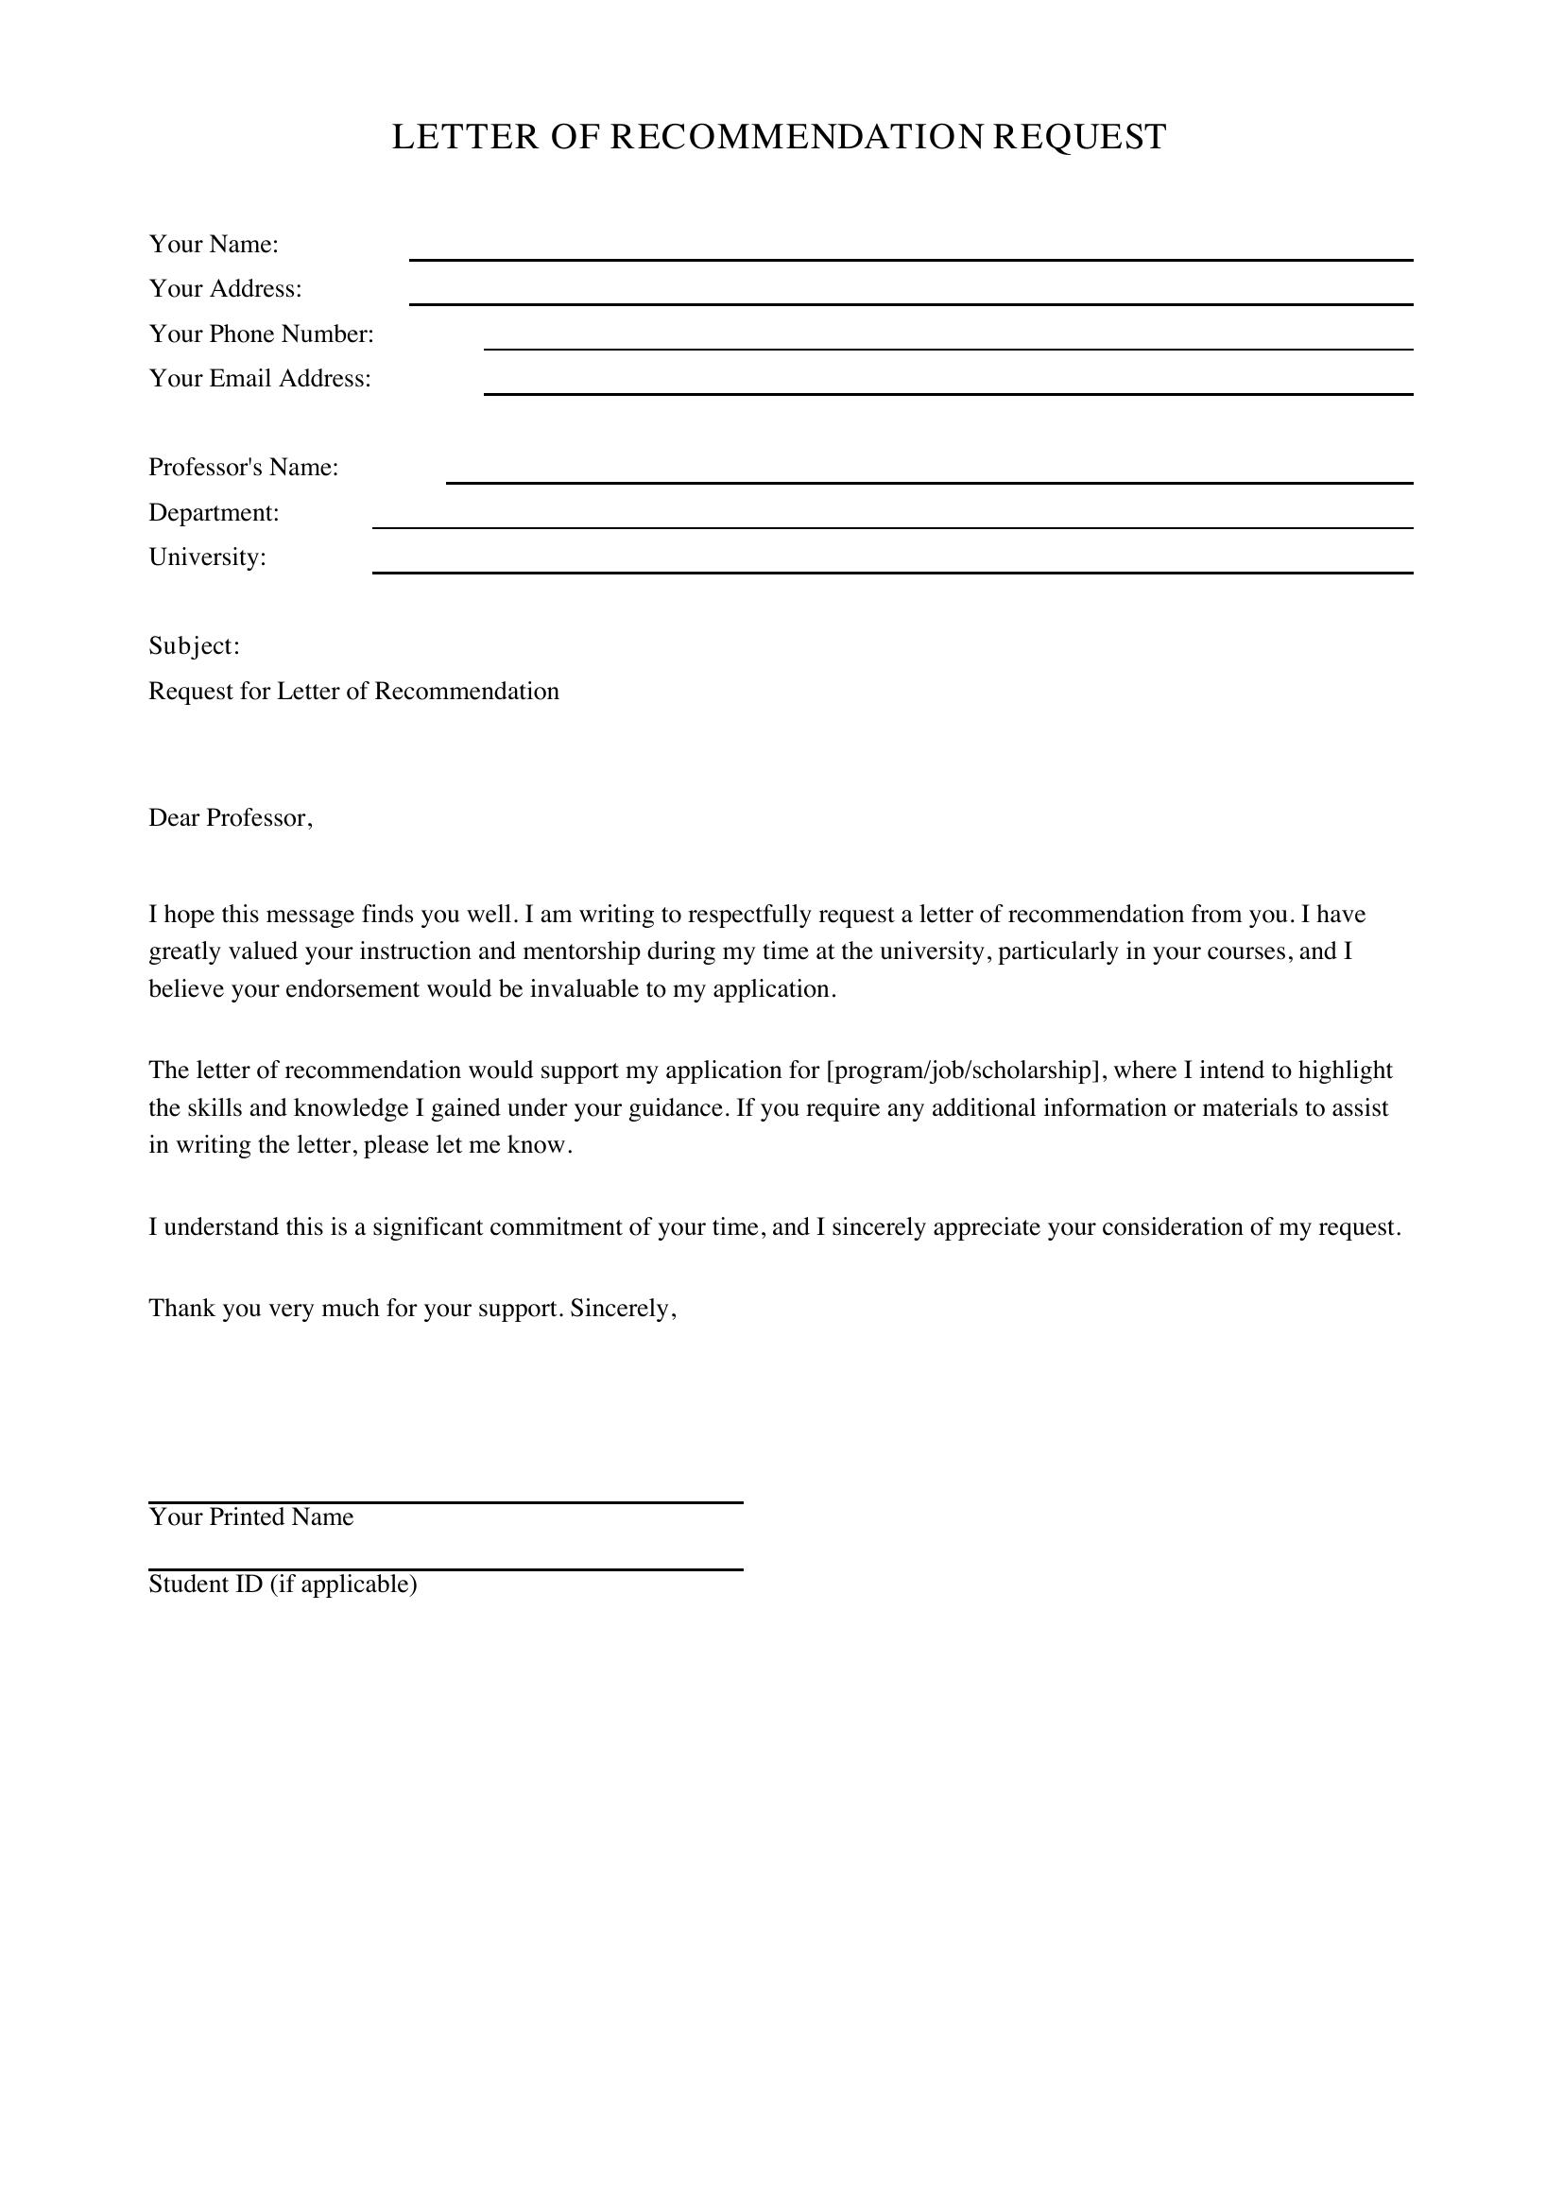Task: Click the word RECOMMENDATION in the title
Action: click(796, 138)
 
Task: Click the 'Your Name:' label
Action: click(214, 245)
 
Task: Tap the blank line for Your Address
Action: click(910, 296)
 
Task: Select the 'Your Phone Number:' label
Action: click(261, 334)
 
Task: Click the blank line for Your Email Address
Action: click(947, 385)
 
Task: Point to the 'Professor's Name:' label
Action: click(244, 468)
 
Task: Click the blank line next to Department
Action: click(892, 519)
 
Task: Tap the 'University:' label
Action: click(207, 557)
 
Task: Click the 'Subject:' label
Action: click(195, 646)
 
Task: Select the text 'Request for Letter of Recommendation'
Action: click(353, 691)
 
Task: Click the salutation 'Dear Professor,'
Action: click(231, 818)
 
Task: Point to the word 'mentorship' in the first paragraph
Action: click(582, 952)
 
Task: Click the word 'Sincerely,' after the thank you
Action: click(624, 1308)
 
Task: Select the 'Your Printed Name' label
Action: click(251, 1517)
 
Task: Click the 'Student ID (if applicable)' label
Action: click(283, 1585)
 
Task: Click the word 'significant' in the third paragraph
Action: click(427, 1227)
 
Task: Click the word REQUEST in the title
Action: click(1079, 138)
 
